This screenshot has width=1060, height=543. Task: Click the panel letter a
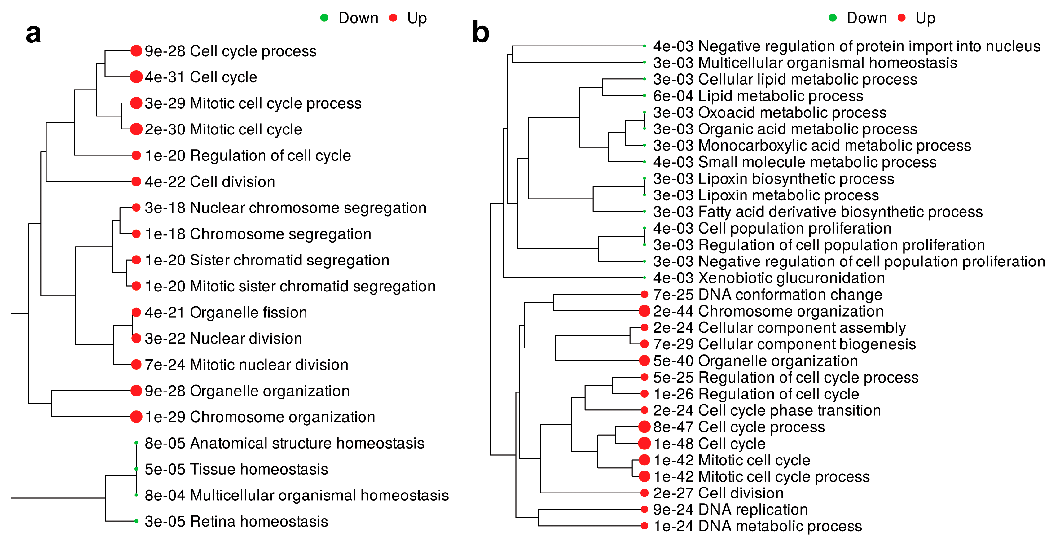pyautogui.click(x=33, y=34)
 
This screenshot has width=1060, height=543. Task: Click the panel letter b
pyautogui.click(x=481, y=32)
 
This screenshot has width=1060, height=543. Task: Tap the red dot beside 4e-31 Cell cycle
pyautogui.click(x=136, y=77)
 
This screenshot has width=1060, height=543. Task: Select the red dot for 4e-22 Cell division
pyautogui.click(x=136, y=182)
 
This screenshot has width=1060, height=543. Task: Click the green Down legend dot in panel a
pyautogui.click(x=324, y=18)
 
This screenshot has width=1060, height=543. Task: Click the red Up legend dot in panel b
pyautogui.click(x=902, y=18)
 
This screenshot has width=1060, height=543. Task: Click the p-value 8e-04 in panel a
pyautogui.click(x=165, y=495)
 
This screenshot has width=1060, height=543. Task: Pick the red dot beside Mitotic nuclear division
pyautogui.click(x=136, y=365)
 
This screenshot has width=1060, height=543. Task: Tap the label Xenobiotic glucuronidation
pyautogui.click(x=791, y=278)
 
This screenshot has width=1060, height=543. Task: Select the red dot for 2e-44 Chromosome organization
pyautogui.click(x=644, y=311)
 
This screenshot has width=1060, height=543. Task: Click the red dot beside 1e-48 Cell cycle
pyautogui.click(x=644, y=444)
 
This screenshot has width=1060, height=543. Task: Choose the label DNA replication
pyautogui.click(x=753, y=510)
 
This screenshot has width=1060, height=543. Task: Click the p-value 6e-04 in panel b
pyautogui.click(x=673, y=96)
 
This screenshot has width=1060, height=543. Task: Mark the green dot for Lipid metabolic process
pyautogui.click(x=644, y=96)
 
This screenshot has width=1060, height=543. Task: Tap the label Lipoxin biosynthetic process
pyautogui.click(x=796, y=179)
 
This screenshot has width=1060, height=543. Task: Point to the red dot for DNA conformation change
pyautogui.click(x=644, y=295)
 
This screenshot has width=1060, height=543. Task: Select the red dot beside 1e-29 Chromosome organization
pyautogui.click(x=136, y=417)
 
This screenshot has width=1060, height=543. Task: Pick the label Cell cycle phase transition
pyautogui.click(x=790, y=410)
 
